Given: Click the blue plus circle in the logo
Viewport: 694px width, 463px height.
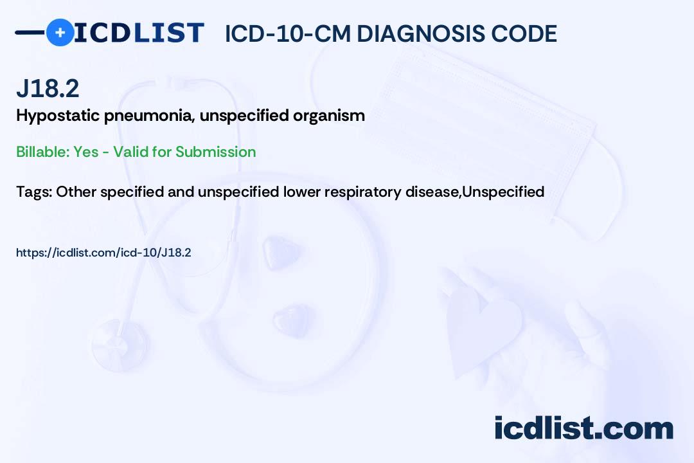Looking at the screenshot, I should [x=60, y=33].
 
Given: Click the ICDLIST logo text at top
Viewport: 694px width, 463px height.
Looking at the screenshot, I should [x=139, y=33].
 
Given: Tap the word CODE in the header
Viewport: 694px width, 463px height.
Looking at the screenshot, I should [x=529, y=33].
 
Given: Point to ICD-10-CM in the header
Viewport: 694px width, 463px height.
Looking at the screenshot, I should [x=287, y=33].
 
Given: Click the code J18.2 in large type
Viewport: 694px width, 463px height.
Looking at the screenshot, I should [x=48, y=88].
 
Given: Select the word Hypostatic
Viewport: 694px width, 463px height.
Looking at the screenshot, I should [x=57, y=116].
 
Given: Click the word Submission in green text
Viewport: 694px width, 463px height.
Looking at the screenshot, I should [x=215, y=152].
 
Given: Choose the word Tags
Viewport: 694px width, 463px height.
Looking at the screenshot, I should [x=33, y=191].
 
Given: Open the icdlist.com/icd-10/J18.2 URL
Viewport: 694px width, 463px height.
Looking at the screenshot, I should [x=103, y=253].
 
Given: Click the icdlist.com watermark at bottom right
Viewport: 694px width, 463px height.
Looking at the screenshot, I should [x=583, y=428].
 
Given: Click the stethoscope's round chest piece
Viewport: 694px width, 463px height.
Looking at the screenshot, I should [x=118, y=337].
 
